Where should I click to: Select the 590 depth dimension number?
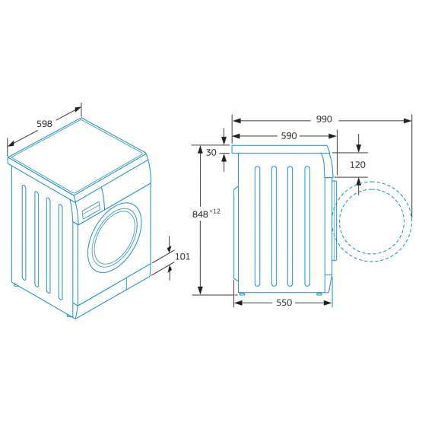pos(288,136)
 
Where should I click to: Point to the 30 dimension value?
pos(211,153)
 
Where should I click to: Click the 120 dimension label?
pos(358,164)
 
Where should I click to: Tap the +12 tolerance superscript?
pos(215,211)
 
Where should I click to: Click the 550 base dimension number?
pos(283,303)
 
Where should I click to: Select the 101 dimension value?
pos(182,256)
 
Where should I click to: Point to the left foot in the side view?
pos(241,293)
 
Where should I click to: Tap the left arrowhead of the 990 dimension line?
pos(236,119)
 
